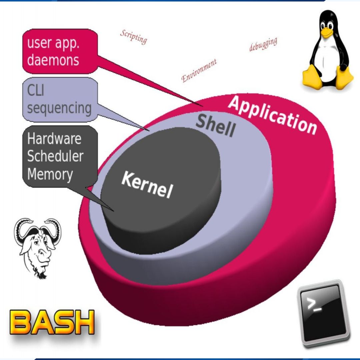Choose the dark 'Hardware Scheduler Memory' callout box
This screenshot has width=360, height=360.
(x=60, y=157)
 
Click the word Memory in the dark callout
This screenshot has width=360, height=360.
(x=50, y=174)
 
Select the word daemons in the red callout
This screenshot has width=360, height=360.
(x=53, y=60)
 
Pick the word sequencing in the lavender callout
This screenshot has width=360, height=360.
(x=59, y=108)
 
